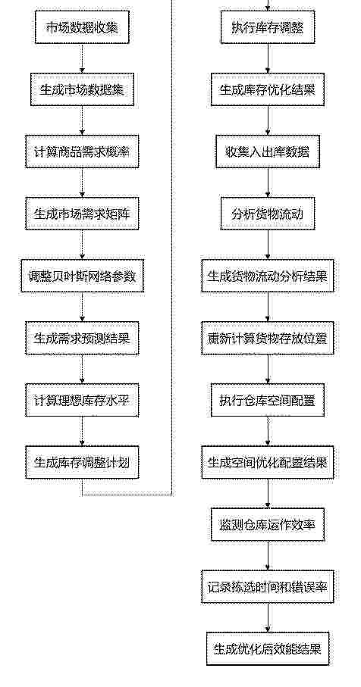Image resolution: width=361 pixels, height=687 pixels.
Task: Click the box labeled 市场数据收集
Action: [x=82, y=27]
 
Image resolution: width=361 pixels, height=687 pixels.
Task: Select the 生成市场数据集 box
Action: [x=82, y=89]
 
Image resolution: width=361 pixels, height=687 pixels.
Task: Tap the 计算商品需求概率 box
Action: [x=82, y=151]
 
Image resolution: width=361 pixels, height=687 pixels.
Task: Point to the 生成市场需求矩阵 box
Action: [x=82, y=214]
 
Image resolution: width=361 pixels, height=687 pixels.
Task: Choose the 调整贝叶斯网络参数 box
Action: [x=82, y=276]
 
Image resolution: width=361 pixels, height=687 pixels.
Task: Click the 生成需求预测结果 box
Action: [x=82, y=339]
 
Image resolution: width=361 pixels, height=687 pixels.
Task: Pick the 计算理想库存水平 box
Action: [x=82, y=401]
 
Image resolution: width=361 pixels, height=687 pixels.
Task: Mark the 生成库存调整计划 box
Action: [x=82, y=463]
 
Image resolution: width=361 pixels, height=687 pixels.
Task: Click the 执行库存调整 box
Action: [x=268, y=27]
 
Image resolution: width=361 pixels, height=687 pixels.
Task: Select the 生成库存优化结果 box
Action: [x=268, y=89]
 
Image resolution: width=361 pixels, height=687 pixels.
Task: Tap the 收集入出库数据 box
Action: [x=268, y=151]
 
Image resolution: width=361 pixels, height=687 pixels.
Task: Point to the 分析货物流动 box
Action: [x=268, y=214]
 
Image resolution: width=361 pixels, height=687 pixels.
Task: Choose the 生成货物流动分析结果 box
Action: [x=268, y=276]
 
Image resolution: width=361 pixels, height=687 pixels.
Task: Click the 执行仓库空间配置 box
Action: [x=268, y=401]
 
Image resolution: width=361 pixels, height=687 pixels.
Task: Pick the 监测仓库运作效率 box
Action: [x=268, y=525]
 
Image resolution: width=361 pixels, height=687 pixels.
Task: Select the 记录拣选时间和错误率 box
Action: [x=268, y=587]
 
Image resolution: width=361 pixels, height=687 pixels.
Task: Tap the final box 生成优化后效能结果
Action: [x=268, y=649]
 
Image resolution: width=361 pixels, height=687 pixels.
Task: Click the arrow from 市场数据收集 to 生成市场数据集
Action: [x=82, y=58]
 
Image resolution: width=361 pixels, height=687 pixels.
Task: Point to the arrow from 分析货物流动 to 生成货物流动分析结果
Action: [x=268, y=245]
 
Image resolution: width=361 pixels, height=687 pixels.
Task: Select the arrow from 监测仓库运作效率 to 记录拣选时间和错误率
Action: [x=268, y=556]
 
